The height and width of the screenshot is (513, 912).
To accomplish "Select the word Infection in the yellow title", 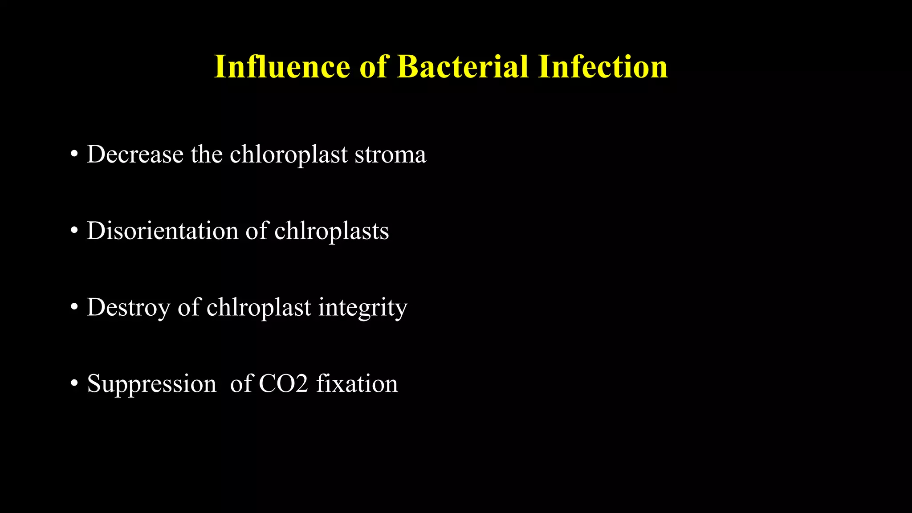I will pos(603,67).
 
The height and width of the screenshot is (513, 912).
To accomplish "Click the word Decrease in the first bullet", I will pos(135,155).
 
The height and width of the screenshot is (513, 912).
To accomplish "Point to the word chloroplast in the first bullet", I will pos(289,155).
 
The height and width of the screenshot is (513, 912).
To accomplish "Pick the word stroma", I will pos(390,155).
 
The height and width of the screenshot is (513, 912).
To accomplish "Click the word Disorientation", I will pos(163,231).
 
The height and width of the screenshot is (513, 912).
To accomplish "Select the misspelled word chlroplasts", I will pos(331,231).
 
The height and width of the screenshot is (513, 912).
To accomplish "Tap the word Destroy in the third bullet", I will pos(129,307).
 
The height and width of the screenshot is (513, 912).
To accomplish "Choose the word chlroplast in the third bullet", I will pos(259,307).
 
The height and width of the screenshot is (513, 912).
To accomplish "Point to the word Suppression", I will pos(151,383).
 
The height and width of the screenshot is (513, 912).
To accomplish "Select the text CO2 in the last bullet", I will pos(283,383).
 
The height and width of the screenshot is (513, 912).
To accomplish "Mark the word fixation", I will pos(357,383).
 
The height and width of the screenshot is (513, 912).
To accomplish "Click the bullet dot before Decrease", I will pos(74,155).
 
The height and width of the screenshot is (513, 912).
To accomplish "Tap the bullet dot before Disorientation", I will pos(74,231).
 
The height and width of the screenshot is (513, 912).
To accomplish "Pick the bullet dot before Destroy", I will pos(74,307).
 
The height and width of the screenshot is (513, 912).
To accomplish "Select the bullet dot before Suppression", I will pos(74,383).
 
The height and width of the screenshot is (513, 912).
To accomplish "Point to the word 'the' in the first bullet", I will pos(207,155).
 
